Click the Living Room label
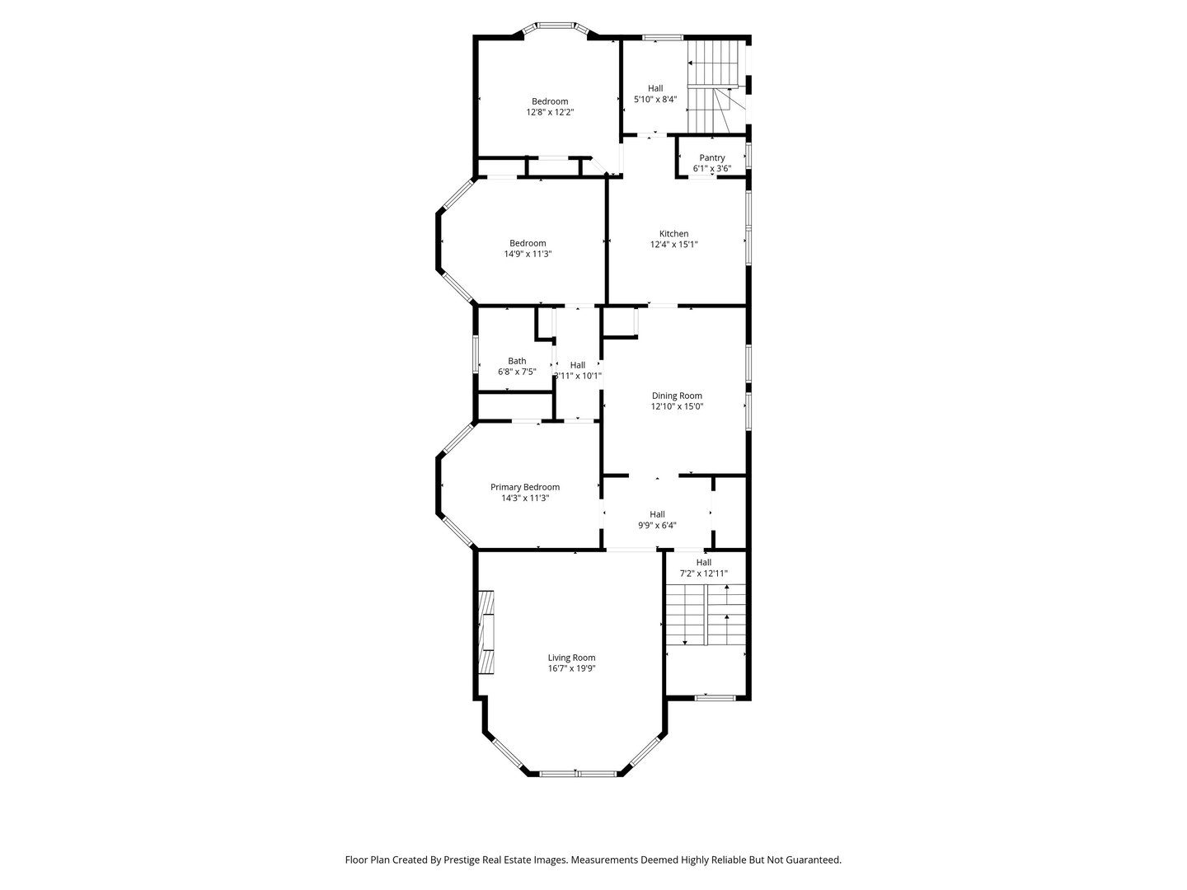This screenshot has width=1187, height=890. (571, 658)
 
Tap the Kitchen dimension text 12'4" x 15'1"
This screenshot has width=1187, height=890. (673, 244)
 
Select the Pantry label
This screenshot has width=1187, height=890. (712, 157)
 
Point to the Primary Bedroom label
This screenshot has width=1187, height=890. (525, 487)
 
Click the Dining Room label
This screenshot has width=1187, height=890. (677, 396)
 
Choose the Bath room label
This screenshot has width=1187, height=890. (517, 361)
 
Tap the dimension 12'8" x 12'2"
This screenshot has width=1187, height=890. (550, 111)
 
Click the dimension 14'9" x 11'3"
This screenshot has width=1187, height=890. (528, 254)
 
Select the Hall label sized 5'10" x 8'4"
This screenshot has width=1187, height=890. (655, 88)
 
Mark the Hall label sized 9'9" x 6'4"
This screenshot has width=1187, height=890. (657, 514)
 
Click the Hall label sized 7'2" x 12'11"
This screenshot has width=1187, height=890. (703, 562)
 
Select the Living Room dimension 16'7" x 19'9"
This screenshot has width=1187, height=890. (571, 668)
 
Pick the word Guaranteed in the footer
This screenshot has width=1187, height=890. (812, 860)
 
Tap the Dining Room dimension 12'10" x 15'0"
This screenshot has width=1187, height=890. (677, 406)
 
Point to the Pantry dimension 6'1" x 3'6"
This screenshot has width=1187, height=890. (712, 168)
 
